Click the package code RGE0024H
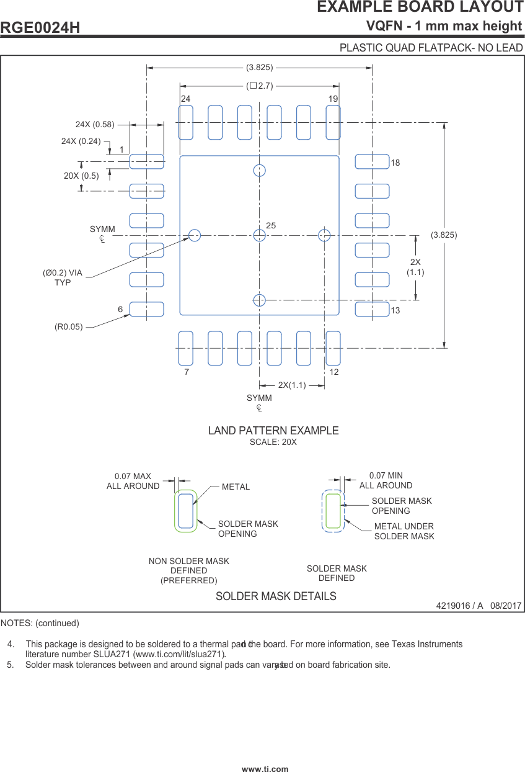40,28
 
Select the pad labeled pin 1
146,161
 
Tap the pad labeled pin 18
372,161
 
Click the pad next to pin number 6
146,309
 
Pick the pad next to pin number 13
372,309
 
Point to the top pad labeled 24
186,122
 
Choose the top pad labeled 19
333,122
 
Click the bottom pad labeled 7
186,348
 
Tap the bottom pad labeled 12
333,348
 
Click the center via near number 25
259,235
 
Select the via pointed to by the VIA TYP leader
195,235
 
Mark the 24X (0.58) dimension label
95,124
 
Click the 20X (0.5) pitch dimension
81,176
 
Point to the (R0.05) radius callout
68,326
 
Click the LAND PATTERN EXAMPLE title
273,431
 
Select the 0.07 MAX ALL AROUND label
133,482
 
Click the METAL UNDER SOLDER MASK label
404,531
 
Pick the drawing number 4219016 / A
459,606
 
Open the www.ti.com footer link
265,769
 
